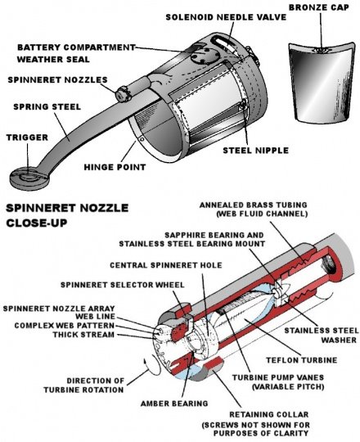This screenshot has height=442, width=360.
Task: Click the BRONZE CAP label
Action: [x=319, y=7]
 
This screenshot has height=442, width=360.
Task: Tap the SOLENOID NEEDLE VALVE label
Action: [x=226, y=17]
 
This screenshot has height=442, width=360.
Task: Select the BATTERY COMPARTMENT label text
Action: [x=76, y=47]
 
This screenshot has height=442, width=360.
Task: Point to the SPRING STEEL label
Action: [x=47, y=107]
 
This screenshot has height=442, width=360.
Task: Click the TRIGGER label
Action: [x=27, y=138]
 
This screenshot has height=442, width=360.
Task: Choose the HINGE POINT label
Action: [x=115, y=167]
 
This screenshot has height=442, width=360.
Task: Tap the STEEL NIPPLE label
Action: [x=256, y=151]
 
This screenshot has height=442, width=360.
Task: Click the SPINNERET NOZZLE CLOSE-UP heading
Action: [x=67, y=215]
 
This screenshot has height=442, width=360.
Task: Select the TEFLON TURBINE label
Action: [x=302, y=360]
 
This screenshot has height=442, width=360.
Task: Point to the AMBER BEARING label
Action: [x=174, y=404]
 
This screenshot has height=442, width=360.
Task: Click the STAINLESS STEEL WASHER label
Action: [x=322, y=335]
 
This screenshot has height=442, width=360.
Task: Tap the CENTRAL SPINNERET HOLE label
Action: [x=166, y=265]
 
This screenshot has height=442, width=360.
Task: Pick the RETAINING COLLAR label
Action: [x=269, y=414]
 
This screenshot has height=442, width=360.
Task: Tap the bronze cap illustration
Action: [x=321, y=83]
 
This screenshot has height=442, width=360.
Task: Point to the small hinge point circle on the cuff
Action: [x=142, y=139]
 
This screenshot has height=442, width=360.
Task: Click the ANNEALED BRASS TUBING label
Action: [x=254, y=210]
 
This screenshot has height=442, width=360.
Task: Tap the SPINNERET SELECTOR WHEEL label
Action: [x=123, y=285]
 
